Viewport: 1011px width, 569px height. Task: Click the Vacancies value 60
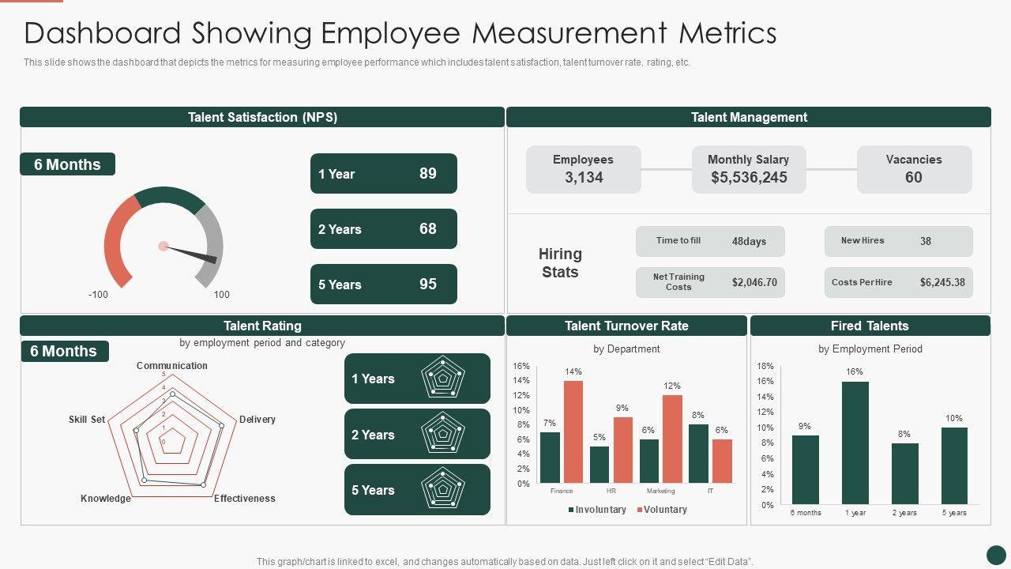click(x=913, y=178)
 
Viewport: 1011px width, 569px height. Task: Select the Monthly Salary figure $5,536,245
click(x=749, y=178)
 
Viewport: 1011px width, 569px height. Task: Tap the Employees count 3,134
click(x=584, y=178)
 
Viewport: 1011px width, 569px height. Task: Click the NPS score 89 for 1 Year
click(x=428, y=174)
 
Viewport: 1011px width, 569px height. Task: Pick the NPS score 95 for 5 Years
click(x=428, y=284)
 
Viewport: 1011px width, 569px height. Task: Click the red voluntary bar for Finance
click(x=573, y=431)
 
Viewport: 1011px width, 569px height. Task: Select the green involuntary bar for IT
click(x=698, y=454)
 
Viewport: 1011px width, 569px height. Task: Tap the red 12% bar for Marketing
click(x=672, y=439)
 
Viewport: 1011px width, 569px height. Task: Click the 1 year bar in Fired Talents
click(x=855, y=443)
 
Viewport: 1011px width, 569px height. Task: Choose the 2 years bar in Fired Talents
click(x=905, y=473)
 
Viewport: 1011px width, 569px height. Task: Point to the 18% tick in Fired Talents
click(x=765, y=367)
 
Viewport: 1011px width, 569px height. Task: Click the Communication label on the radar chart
click(x=172, y=366)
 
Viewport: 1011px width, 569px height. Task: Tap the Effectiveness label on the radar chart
click(x=245, y=499)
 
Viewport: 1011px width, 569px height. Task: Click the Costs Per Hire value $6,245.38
click(x=942, y=282)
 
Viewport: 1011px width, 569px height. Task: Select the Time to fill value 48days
click(x=749, y=241)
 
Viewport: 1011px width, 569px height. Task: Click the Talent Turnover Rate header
click(x=626, y=326)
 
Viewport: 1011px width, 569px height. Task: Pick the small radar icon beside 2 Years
click(x=443, y=434)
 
